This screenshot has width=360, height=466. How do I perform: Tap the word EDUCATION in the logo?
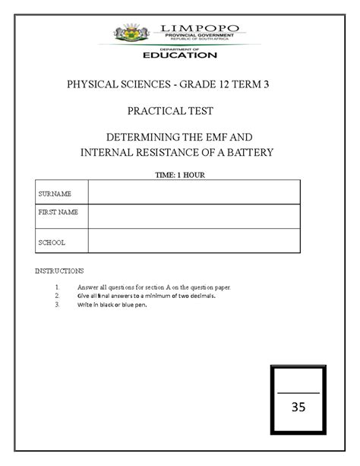180,55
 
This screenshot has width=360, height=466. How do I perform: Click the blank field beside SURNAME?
194,192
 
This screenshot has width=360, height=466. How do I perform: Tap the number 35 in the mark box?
298,407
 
